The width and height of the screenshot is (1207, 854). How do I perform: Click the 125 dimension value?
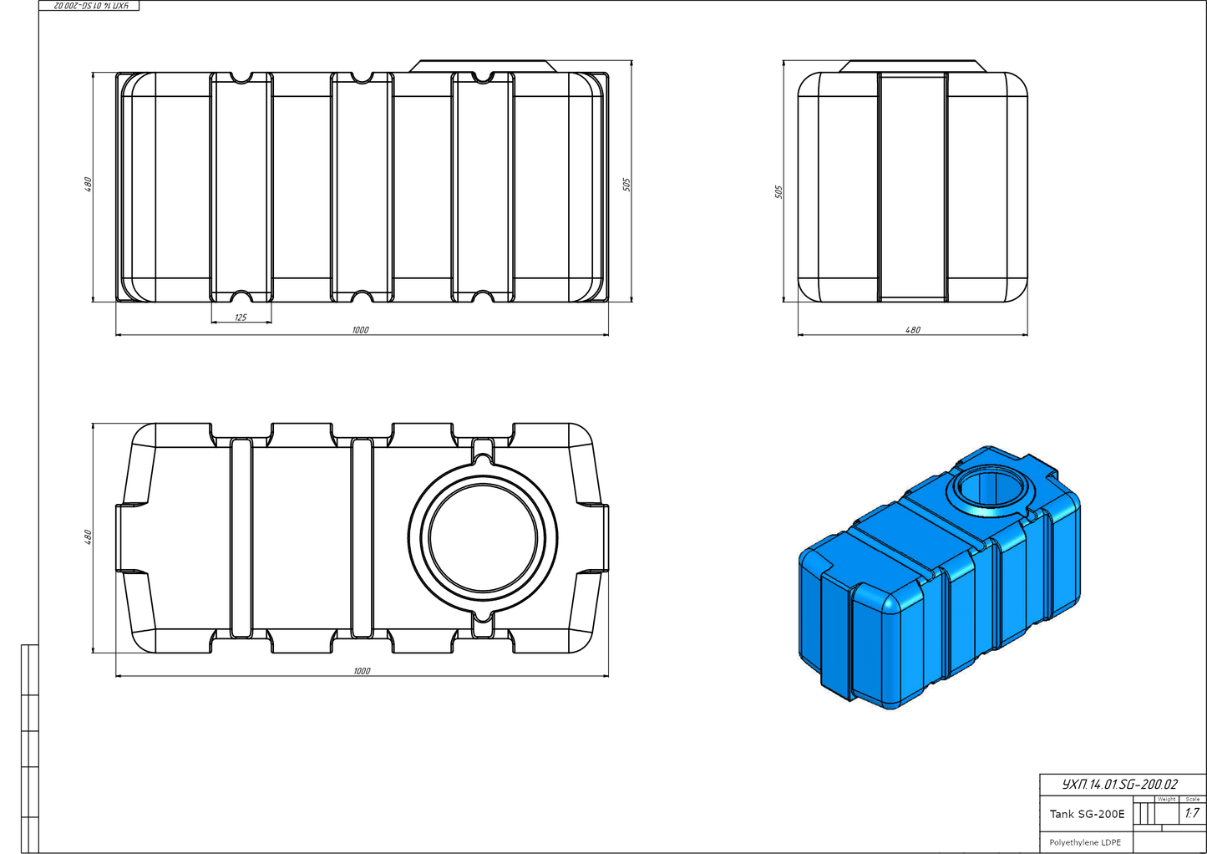pos(241,318)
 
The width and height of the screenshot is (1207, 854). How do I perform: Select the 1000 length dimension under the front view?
pos(360,330)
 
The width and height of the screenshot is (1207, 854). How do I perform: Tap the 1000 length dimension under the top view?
pos(362,671)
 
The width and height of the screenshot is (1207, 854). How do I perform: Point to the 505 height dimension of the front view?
pos(626,184)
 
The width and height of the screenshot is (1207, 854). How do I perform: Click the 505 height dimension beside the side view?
pos(778,191)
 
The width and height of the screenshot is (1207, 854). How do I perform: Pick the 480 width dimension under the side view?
pos(913,330)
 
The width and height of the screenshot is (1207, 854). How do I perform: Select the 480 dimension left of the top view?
pos(88,537)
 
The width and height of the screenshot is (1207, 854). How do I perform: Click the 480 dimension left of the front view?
pos(88,185)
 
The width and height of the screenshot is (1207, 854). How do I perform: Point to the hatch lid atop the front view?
pos(483,65)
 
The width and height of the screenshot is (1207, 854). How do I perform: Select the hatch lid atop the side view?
pos(912,65)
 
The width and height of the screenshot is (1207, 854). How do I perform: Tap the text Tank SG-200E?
pos(1087,814)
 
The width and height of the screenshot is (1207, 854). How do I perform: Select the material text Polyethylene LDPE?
pos(1085,842)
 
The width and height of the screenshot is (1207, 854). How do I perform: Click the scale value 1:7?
pos(1191,813)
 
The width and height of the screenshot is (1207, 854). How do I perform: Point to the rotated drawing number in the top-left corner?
pos(90,6)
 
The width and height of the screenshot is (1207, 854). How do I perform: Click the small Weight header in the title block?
pos(1166,800)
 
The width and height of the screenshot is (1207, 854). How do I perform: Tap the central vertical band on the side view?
pos(912,186)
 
